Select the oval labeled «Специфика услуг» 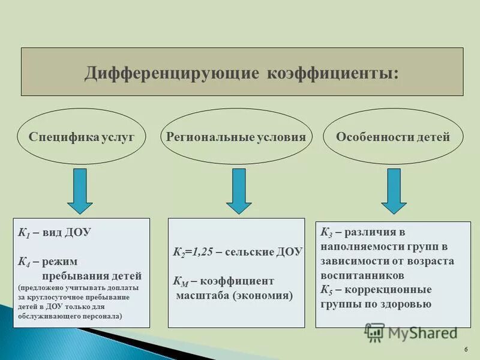[x=82, y=137]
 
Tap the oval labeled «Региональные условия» [x=236, y=137]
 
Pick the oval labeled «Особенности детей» [x=393, y=137]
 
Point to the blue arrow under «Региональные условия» [x=239, y=191]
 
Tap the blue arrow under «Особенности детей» [x=394, y=191]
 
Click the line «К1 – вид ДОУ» [x=54, y=233]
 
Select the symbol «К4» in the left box [x=25, y=262]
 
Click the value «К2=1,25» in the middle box [x=191, y=253]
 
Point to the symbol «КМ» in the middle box [x=181, y=281]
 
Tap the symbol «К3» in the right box [x=327, y=232]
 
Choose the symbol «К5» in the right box [x=327, y=290]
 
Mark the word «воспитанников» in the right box [x=362, y=275]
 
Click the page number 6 [x=466, y=350]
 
